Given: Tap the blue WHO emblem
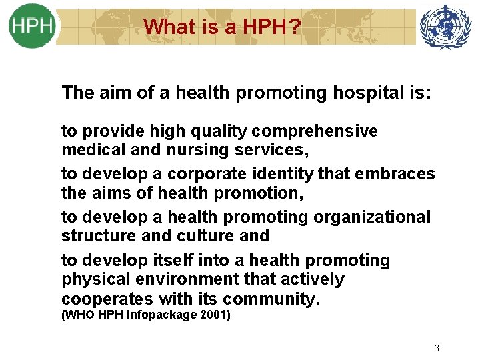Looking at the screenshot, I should pos(445,27).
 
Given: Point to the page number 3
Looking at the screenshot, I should pos(437,348).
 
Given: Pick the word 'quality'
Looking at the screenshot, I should pos(213,131).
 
